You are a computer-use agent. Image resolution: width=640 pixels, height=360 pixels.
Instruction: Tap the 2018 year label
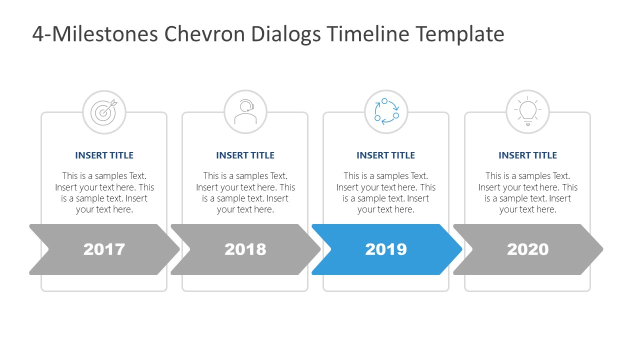click(245, 249)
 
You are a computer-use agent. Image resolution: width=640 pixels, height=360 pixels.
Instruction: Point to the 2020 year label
click(527, 249)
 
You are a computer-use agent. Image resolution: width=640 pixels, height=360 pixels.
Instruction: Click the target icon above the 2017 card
click(104, 112)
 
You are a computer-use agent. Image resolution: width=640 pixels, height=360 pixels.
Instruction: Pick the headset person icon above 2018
click(245, 112)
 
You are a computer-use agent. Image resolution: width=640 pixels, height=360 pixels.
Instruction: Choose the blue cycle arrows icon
click(386, 112)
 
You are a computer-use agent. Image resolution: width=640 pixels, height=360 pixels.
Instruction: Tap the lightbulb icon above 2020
click(527, 112)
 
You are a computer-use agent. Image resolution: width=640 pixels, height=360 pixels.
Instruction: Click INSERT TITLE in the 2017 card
click(104, 155)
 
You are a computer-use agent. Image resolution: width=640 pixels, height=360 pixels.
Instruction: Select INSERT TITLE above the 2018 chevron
click(245, 155)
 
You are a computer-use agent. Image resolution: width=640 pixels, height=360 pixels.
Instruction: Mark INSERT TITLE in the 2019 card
click(385, 155)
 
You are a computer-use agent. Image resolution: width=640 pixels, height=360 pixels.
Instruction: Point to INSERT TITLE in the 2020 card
click(527, 155)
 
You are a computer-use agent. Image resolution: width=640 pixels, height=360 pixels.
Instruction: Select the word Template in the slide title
click(460, 34)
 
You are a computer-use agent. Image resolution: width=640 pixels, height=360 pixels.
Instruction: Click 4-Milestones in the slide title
click(94, 34)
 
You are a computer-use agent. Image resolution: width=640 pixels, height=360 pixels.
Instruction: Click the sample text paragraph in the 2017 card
click(104, 192)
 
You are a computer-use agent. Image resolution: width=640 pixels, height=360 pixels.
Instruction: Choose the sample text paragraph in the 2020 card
click(527, 192)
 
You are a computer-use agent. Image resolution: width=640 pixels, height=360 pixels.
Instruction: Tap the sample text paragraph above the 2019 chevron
click(385, 192)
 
